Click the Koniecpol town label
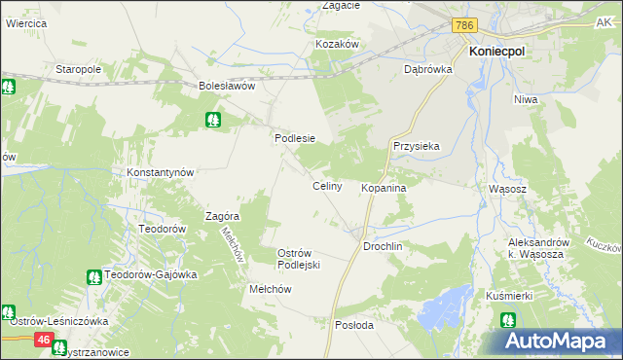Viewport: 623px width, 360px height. coord(499,54)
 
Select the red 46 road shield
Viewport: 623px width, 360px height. coord(44,339)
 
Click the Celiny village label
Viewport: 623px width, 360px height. coord(326,186)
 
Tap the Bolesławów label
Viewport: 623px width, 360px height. coord(227,86)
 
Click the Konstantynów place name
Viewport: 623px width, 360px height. coord(162,172)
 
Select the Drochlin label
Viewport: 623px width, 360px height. coord(383,247)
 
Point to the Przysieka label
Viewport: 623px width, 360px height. coord(417,146)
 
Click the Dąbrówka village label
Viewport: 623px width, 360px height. coord(424,69)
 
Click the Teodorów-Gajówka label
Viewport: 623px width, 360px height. coord(151,274)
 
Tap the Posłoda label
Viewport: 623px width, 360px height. coord(353,325)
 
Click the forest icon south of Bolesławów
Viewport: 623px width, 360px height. coord(213,120)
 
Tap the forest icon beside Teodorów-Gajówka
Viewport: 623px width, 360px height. coord(93,276)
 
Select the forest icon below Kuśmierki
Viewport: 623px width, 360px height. coord(508,319)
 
